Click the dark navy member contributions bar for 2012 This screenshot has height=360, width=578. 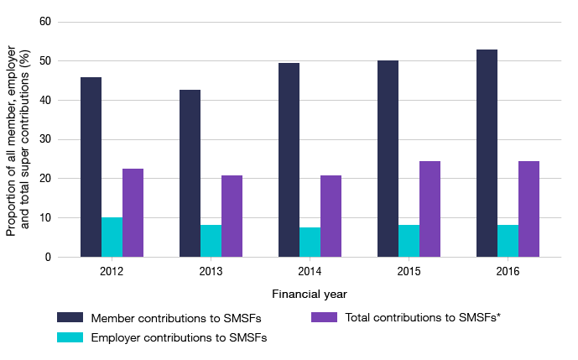coord(91,167)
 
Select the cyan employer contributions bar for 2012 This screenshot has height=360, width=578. coord(112,237)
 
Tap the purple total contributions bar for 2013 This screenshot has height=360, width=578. coord(232,216)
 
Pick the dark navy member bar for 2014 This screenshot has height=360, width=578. coord(289,159)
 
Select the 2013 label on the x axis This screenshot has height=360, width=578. coord(211,272)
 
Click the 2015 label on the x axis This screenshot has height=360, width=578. coord(409,272)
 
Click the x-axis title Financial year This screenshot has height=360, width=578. coord(310,295)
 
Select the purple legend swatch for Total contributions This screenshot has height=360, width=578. coord(325,318)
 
